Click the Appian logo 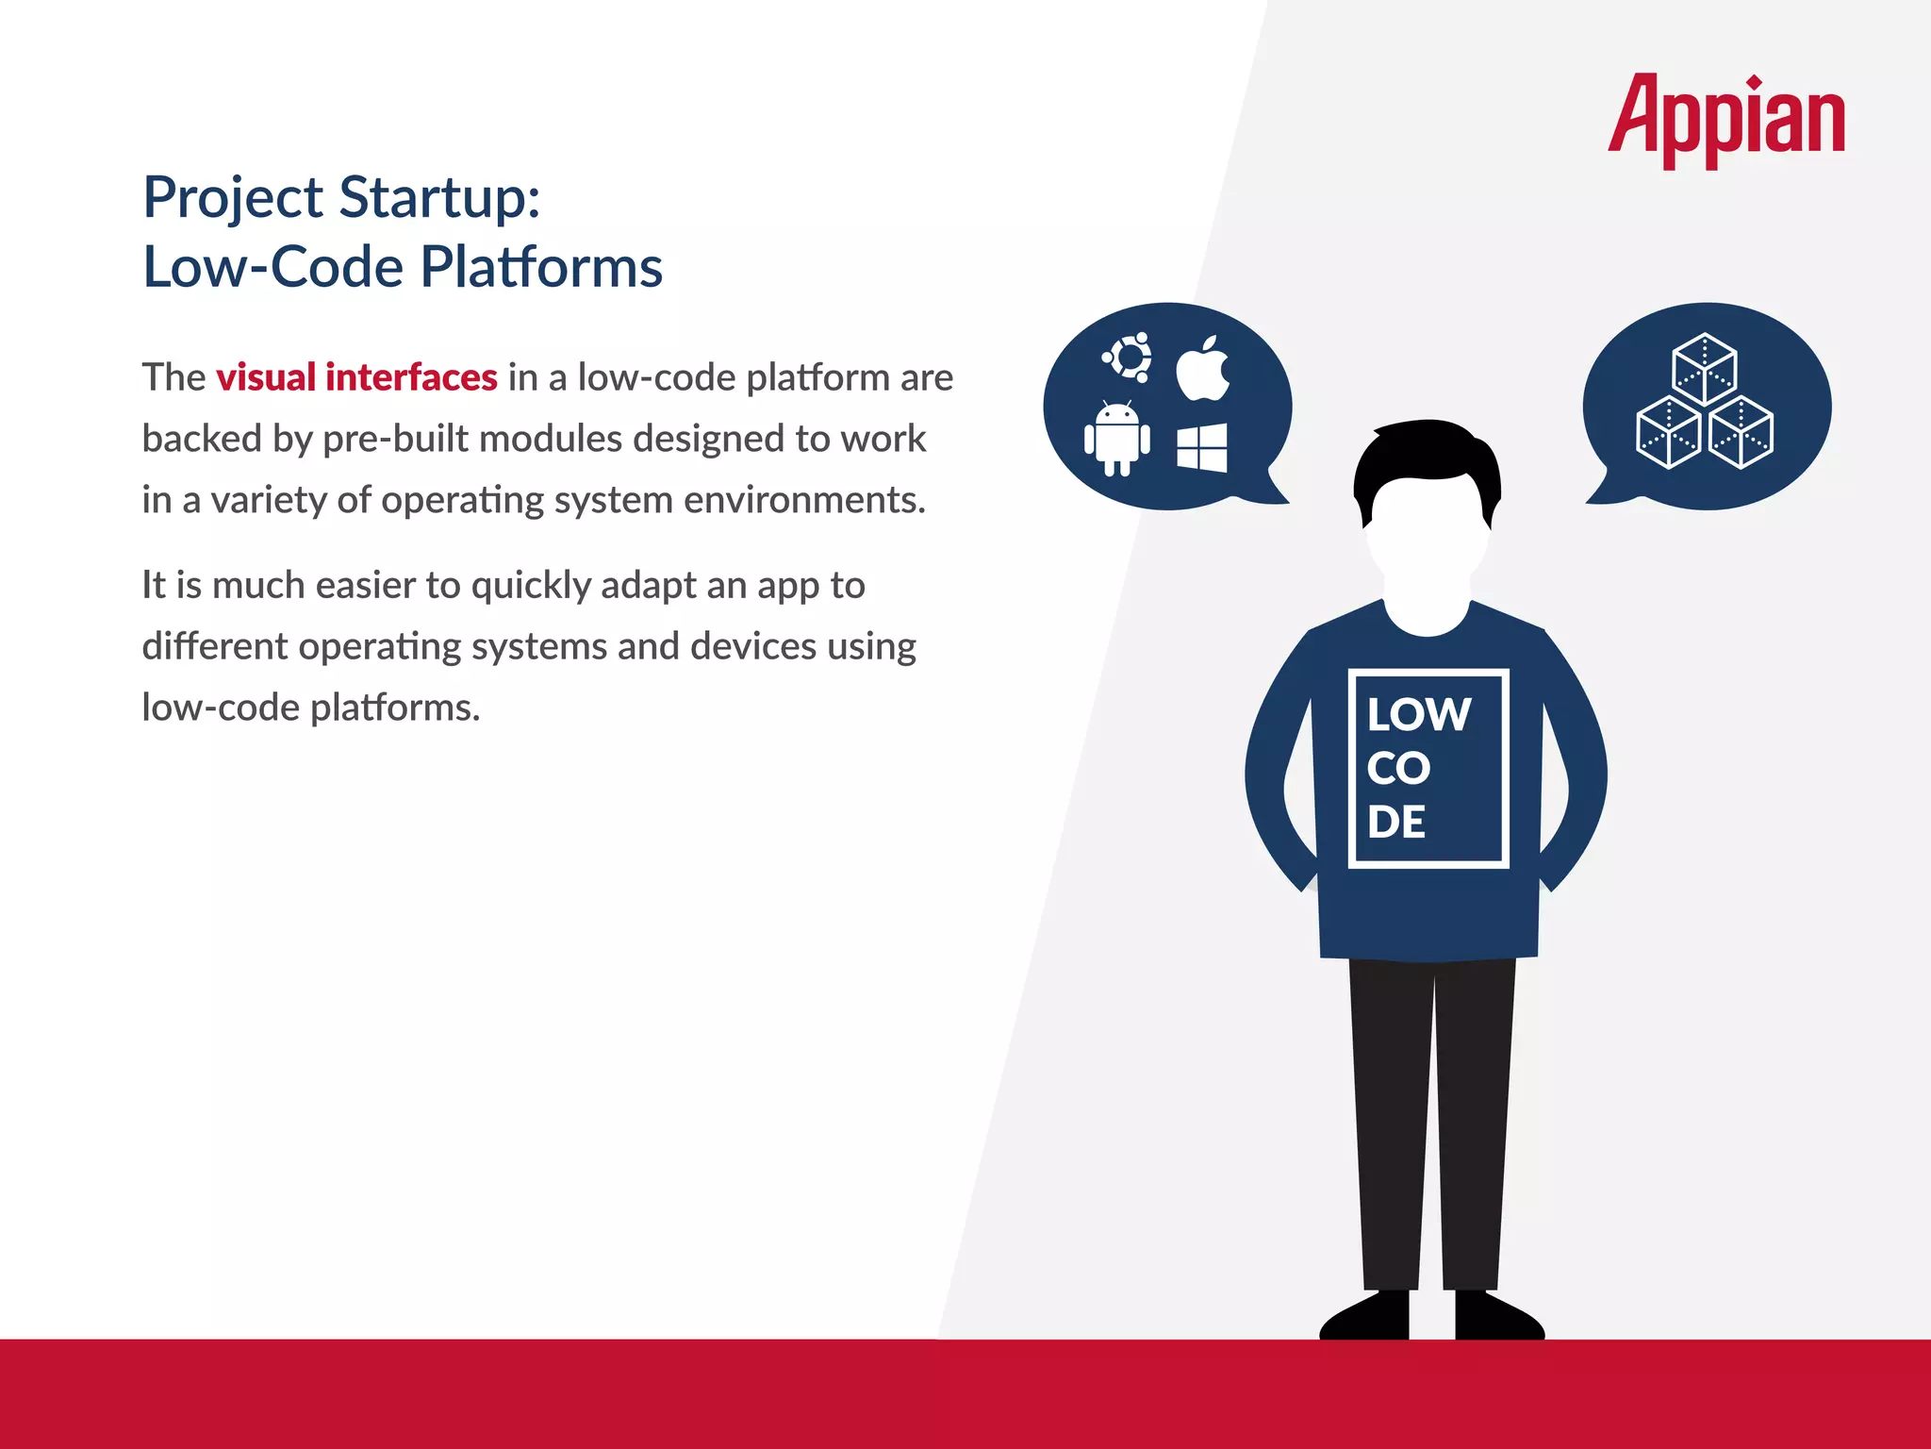(x=1725, y=118)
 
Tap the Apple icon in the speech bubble (x=1202, y=369)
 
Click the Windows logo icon (x=1202, y=447)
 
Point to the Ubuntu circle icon (x=1127, y=357)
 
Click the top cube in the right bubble (x=1704, y=367)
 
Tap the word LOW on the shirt (x=1418, y=714)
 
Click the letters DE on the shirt (x=1396, y=823)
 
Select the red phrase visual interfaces (x=356, y=377)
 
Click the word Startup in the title (x=439, y=198)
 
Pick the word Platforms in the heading (x=541, y=267)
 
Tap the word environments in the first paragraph (x=803, y=500)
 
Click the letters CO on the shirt (x=1398, y=769)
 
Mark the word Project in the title (x=233, y=198)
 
